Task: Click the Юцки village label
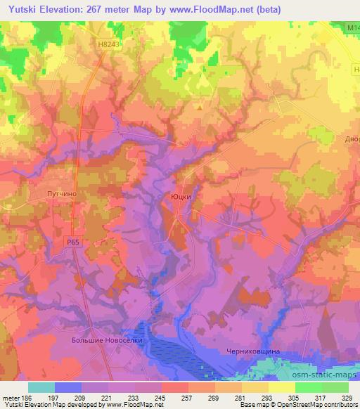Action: pyautogui.click(x=181, y=197)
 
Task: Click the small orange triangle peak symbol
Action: pyautogui.click(x=200, y=108)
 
